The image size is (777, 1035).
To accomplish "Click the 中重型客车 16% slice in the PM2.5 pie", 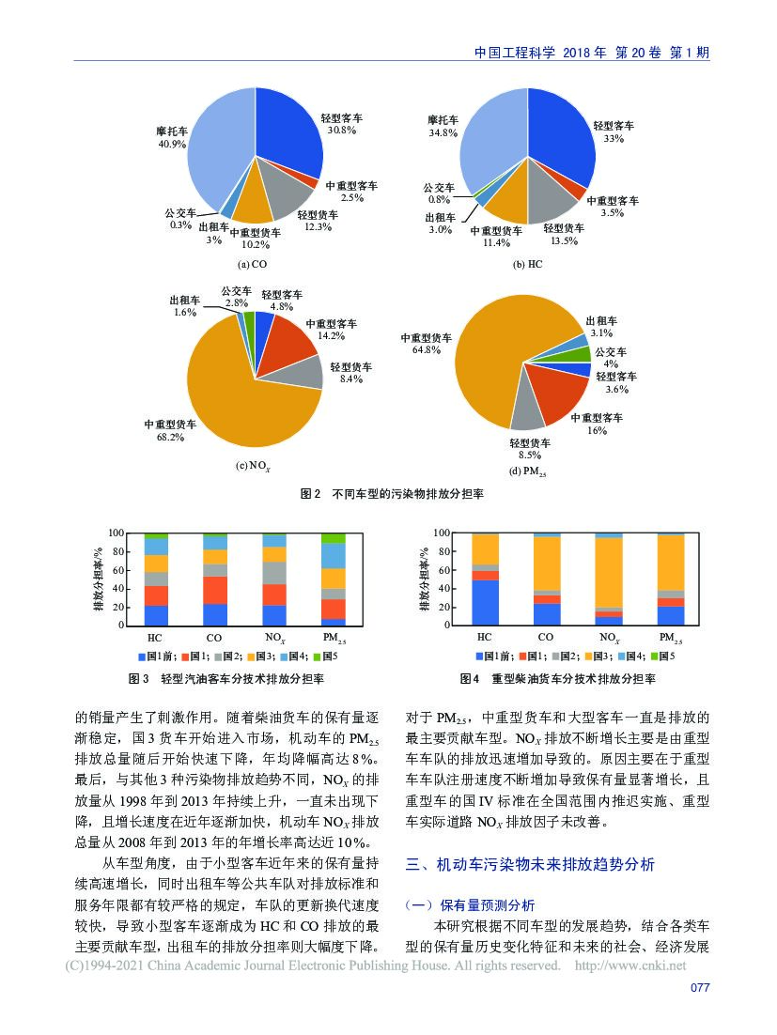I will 554,399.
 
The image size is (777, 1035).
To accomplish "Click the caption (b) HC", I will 527,265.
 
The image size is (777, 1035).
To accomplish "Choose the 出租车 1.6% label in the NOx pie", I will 184,306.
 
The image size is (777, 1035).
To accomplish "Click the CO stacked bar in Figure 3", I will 215,579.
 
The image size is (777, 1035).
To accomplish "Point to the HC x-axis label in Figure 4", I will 485,637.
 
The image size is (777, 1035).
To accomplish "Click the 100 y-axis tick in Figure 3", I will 117,533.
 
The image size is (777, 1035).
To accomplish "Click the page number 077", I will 699,987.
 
